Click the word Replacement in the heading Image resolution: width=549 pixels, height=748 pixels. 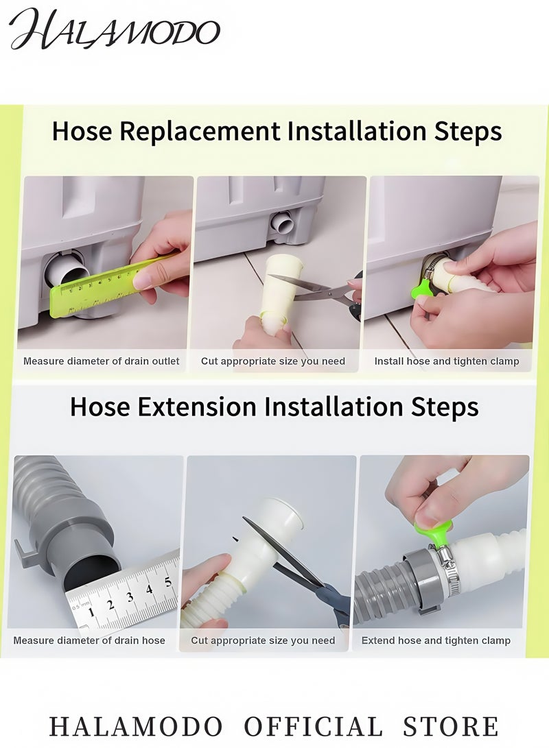200,130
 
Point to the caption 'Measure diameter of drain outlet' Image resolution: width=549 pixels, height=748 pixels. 102,361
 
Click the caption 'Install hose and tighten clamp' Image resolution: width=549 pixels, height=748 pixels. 447,361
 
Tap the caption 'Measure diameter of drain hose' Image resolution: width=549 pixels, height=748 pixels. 89,640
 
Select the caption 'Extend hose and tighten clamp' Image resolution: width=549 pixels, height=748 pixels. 436,640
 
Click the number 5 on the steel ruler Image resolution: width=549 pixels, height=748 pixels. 167,582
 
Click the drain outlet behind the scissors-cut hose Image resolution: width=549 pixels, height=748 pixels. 283,224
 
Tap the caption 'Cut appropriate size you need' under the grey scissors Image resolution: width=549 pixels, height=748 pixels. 273,361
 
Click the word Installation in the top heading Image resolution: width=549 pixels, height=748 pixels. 357,130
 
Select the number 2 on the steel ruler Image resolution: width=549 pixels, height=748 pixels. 110,605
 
